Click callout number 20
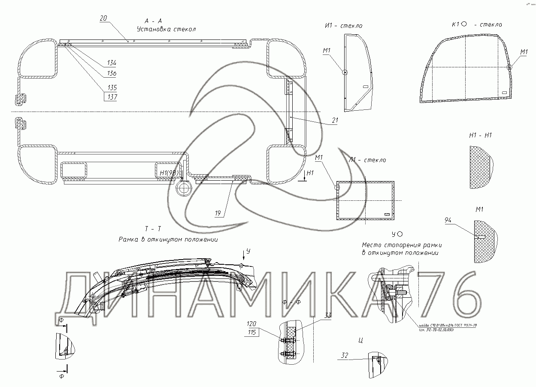(103, 18)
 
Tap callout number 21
(334, 121)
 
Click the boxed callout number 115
(251, 332)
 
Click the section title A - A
(153, 21)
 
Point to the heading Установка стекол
(166, 30)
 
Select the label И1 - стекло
(343, 26)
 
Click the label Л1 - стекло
(367, 160)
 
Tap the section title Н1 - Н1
(480, 135)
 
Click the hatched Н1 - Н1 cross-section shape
(479, 167)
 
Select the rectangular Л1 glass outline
(366, 200)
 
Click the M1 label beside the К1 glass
(524, 52)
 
